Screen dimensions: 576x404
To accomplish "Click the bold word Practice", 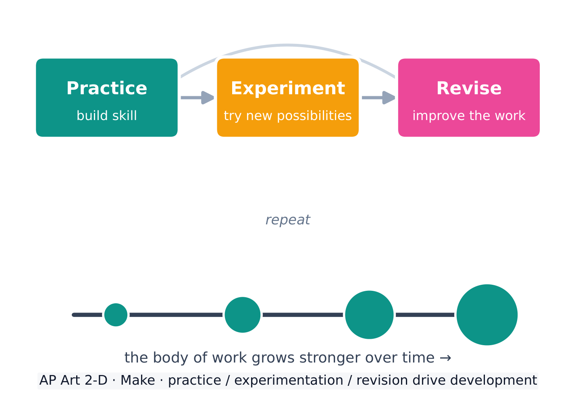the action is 107,88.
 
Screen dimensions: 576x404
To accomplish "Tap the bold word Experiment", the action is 288,88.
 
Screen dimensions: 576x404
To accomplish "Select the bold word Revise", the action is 469,88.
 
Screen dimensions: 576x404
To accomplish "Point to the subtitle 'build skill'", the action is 107,115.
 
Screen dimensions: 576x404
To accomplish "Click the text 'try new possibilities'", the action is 288,116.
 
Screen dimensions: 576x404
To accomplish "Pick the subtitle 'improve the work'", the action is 469,116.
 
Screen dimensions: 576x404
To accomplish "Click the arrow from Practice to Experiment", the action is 198,97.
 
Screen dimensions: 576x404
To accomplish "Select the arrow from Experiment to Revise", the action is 378,97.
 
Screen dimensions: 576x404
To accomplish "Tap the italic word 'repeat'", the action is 288,220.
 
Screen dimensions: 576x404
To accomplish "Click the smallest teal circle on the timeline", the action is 116,315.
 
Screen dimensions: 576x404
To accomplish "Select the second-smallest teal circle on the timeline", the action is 243,315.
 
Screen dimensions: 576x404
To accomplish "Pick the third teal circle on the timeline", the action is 369,315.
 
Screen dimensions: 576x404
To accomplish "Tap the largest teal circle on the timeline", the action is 487,315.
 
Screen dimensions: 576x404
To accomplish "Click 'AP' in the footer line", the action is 48,380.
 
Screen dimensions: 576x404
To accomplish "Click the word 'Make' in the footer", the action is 138,380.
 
